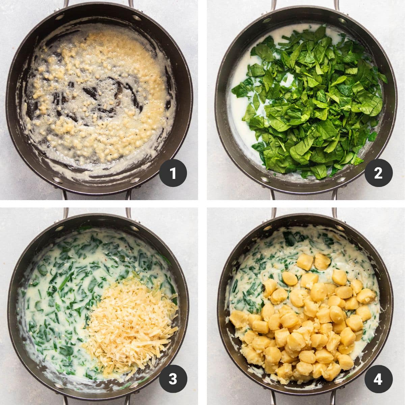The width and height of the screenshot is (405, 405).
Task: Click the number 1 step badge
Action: (173, 173)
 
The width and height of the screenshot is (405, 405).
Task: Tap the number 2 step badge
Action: (378, 173)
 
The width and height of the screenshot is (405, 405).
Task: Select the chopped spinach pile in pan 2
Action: (314, 101)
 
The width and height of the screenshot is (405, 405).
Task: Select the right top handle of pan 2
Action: (336, 4)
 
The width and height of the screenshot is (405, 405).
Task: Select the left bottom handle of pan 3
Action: (65, 400)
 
